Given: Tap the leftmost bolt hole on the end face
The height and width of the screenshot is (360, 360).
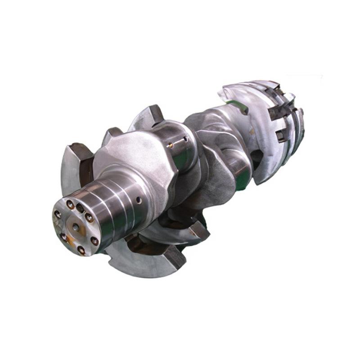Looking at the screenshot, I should coord(57,215).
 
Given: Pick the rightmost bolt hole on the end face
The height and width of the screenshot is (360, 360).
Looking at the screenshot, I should coord(94,241).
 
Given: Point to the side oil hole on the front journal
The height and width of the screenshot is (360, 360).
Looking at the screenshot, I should coord(139,199).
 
